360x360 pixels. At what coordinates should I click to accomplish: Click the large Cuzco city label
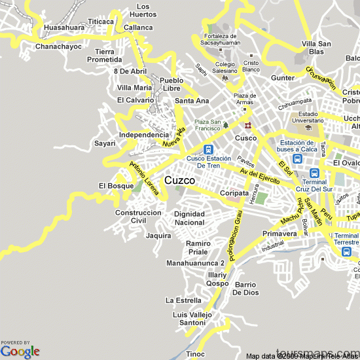(179, 179)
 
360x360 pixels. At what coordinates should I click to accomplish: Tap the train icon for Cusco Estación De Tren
(208, 149)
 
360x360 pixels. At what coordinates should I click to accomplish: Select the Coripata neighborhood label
(234, 193)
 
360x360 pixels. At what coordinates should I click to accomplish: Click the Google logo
(20, 351)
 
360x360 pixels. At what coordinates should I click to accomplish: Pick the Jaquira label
(159, 235)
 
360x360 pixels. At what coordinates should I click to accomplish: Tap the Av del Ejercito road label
(260, 175)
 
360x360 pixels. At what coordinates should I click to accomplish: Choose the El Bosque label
(116, 186)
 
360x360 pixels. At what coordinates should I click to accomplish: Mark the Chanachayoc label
(58, 47)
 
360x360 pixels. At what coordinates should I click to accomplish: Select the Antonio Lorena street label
(144, 178)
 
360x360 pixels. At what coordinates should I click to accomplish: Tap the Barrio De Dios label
(246, 289)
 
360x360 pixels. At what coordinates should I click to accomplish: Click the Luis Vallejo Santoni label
(189, 319)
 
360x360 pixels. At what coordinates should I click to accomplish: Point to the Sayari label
(105, 143)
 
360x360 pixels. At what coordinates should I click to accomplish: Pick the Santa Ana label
(192, 101)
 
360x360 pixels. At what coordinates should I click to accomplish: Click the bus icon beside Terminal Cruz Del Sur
(315, 173)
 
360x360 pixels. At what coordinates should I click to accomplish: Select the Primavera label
(279, 234)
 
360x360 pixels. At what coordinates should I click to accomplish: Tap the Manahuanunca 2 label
(196, 263)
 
